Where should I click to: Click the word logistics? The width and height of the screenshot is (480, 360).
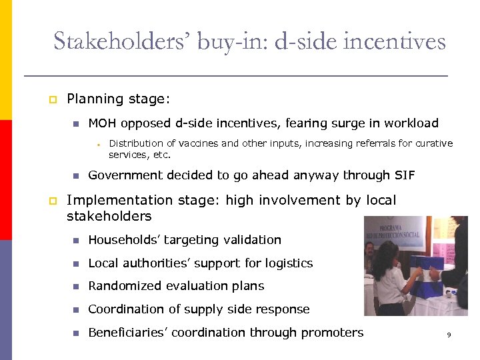pos(289,263)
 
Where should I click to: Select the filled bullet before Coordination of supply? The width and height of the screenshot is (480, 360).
pos(76,309)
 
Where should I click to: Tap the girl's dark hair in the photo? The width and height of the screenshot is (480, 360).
pos(385,257)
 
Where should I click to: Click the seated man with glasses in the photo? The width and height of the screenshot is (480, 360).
pos(369,255)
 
